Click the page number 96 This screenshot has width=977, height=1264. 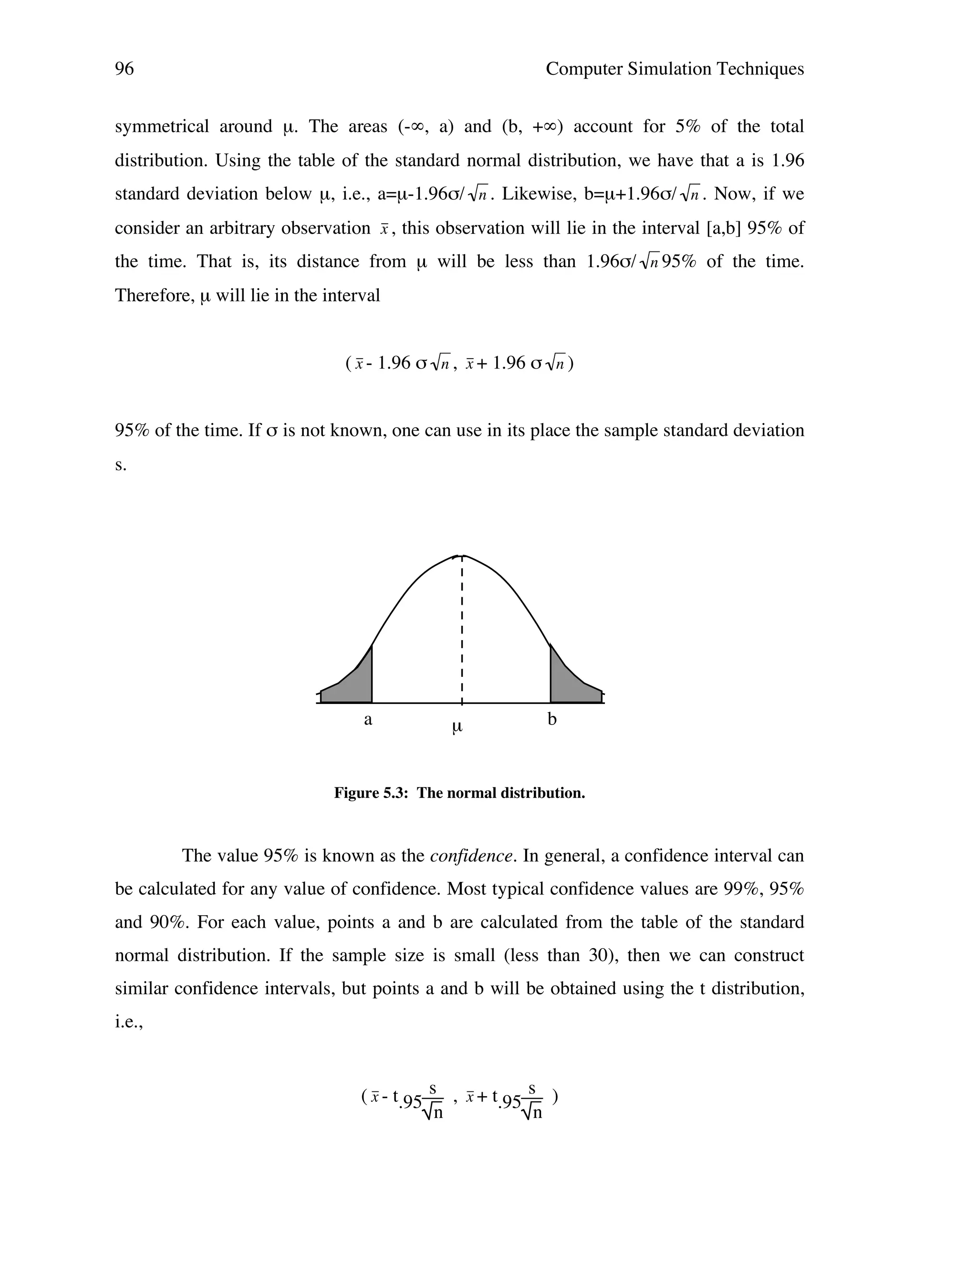pos(125,69)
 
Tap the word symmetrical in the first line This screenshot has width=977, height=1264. pos(162,127)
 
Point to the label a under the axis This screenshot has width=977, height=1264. pos(367,720)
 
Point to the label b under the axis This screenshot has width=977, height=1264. pos(551,719)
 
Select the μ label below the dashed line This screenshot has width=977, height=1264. pos(457,727)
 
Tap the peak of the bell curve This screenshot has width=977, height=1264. pos(461,556)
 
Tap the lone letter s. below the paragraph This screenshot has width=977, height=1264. pos(120,465)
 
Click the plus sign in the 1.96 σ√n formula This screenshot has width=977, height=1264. pos(481,363)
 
